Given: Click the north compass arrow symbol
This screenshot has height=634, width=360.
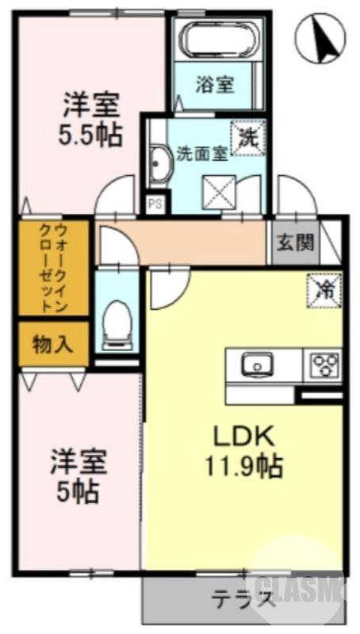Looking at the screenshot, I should coord(323,40).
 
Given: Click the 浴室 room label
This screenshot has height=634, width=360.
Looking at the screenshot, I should coord(215,83).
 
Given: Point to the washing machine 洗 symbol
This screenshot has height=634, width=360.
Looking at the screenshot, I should coord(248,136).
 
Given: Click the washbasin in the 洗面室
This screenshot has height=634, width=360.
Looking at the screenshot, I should coord(159,166).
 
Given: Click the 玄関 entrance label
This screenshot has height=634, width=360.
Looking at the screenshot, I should coord(294,242).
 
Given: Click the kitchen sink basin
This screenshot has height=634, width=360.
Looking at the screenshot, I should coord(258,365).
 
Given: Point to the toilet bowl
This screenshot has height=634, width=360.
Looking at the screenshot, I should coord(117,321).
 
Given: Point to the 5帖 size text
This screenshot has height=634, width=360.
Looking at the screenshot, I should coord(77,493).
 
